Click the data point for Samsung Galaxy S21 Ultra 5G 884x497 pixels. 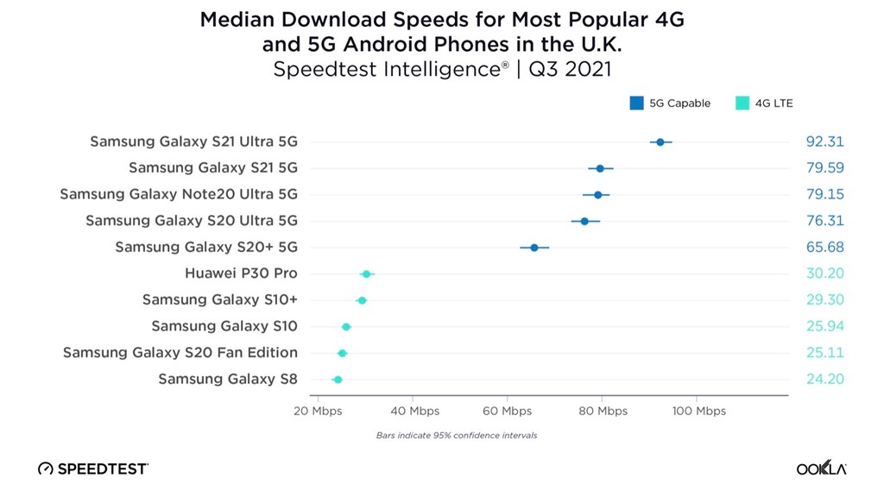(660, 142)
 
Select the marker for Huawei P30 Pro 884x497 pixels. (366, 274)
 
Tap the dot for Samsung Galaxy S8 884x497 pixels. (338, 380)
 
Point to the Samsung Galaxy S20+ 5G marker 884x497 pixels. (534, 248)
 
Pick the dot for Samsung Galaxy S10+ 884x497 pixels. (362, 300)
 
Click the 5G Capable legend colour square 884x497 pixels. (636, 104)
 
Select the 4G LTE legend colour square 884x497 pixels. (742, 104)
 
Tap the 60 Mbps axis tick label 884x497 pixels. (508, 411)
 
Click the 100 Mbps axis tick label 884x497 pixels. (699, 411)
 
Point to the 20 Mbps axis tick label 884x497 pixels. (318, 411)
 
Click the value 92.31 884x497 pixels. (824, 142)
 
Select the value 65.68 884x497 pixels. (824, 247)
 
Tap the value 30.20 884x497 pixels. (824, 274)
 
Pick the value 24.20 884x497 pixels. (824, 379)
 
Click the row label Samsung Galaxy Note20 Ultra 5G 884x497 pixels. (179, 194)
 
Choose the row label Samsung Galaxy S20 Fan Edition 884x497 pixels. (180, 353)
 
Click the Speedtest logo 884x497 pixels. (93, 469)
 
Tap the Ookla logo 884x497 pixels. (822, 468)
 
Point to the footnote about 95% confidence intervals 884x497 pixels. (457, 436)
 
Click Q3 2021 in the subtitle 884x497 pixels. (570, 69)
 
